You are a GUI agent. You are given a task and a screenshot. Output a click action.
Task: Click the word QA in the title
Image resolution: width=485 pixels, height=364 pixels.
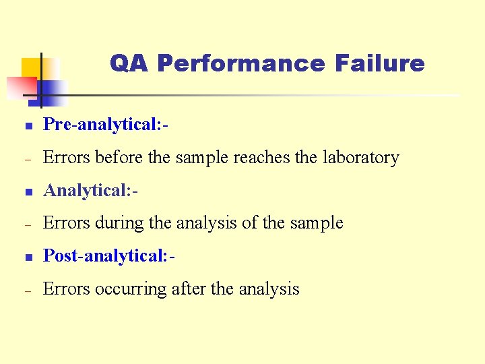tap(130, 63)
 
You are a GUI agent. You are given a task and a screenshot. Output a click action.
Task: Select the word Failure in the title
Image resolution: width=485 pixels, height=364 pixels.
tap(379, 63)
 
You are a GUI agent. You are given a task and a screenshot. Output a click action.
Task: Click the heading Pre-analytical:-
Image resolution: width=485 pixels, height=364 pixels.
tap(105, 125)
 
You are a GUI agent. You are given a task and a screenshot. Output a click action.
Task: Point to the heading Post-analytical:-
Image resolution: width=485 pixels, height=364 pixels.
tap(110, 256)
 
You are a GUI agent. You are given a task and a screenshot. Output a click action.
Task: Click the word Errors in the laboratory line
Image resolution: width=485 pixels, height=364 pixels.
tap(64, 158)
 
